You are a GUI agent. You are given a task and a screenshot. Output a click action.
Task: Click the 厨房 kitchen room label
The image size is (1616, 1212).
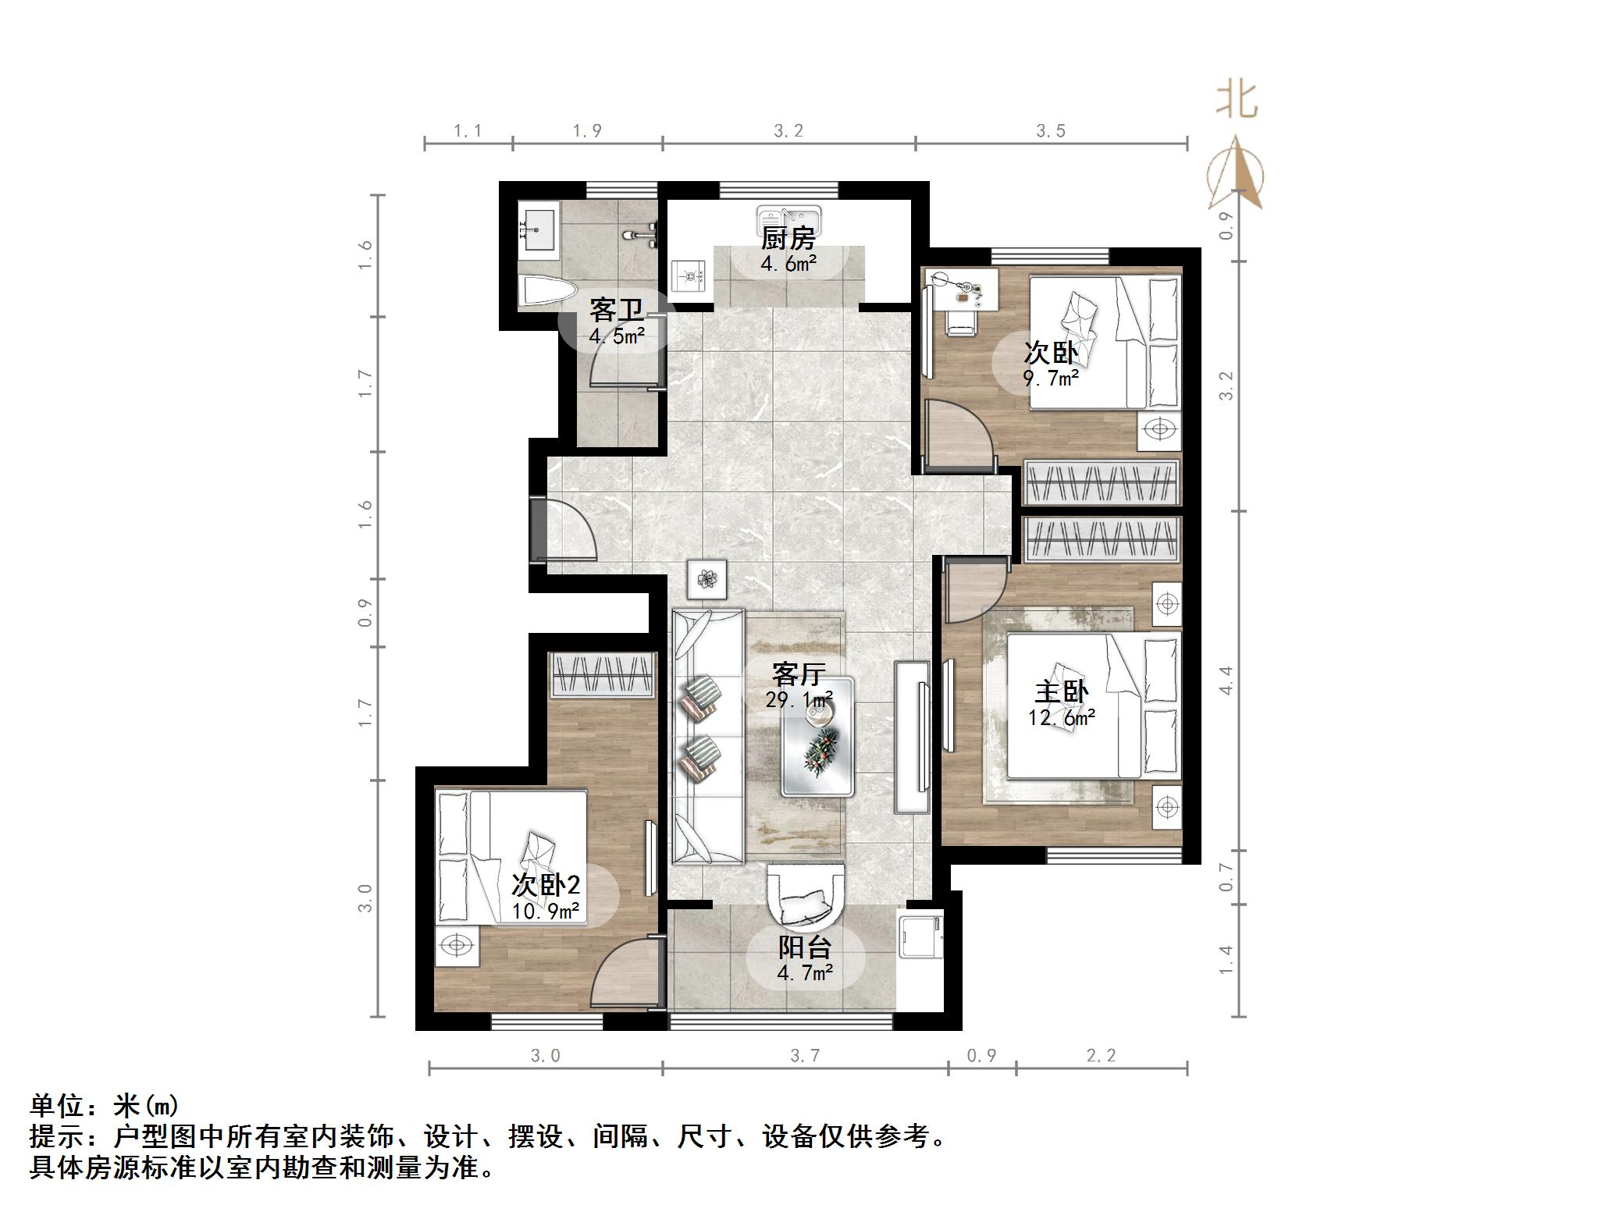click(788, 238)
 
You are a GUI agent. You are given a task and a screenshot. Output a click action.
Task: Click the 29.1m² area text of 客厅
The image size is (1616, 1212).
click(799, 700)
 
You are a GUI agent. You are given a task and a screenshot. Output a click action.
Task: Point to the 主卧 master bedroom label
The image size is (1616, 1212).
click(1061, 691)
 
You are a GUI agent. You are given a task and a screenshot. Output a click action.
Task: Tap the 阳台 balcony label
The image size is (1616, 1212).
click(804, 947)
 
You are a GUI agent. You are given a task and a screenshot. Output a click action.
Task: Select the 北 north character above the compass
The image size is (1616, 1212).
click(1237, 100)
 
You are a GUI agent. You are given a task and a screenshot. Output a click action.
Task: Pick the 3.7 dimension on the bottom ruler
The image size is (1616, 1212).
click(805, 1056)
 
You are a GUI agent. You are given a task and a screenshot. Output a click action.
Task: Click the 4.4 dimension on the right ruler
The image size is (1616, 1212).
click(1226, 681)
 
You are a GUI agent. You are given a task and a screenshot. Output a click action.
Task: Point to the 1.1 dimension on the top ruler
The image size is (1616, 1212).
click(468, 131)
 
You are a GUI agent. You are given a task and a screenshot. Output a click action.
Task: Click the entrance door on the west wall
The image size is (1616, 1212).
click(539, 529)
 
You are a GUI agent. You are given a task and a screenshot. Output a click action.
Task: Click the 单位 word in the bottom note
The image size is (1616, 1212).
click(57, 1106)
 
